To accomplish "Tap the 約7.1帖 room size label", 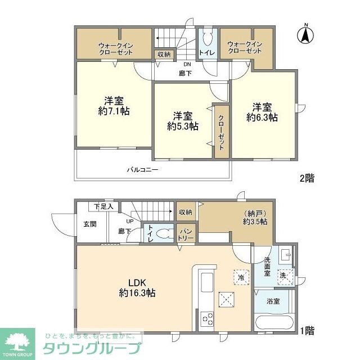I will click(114, 111).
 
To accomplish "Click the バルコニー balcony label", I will click(142, 169).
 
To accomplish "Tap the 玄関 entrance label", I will click(90, 224).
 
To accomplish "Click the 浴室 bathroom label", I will click(273, 301).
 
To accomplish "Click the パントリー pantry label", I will click(186, 235).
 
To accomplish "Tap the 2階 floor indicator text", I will click(307, 178).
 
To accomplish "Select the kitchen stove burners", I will click(207, 318).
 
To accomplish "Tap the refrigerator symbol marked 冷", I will click(240, 277).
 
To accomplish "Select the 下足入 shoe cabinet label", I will click(103, 206).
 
